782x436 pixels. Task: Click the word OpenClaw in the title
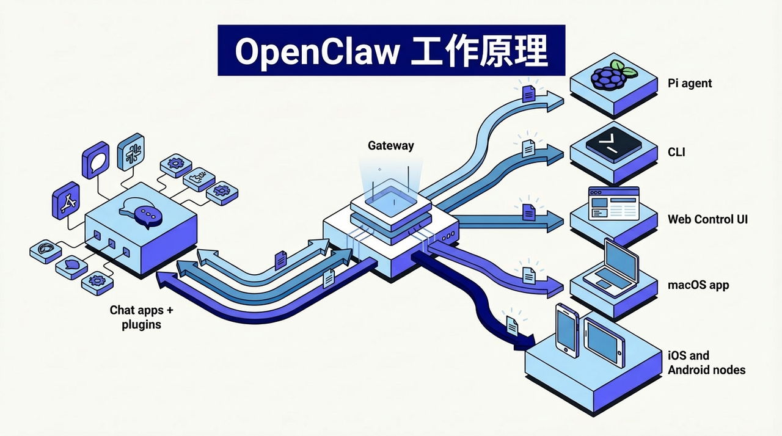coord(316,53)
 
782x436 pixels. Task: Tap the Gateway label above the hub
coord(390,146)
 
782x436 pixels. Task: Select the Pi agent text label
coord(690,84)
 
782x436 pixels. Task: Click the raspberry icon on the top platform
coord(607,76)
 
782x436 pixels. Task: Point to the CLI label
coord(676,151)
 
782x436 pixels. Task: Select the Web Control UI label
coord(707,219)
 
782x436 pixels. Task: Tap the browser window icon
coord(613,203)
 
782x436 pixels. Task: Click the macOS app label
coord(698,285)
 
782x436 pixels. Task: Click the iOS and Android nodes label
coord(706,363)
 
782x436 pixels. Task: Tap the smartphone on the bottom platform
coord(567,329)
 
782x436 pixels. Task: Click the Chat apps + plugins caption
coord(141,318)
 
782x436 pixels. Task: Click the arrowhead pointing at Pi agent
coord(555,101)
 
